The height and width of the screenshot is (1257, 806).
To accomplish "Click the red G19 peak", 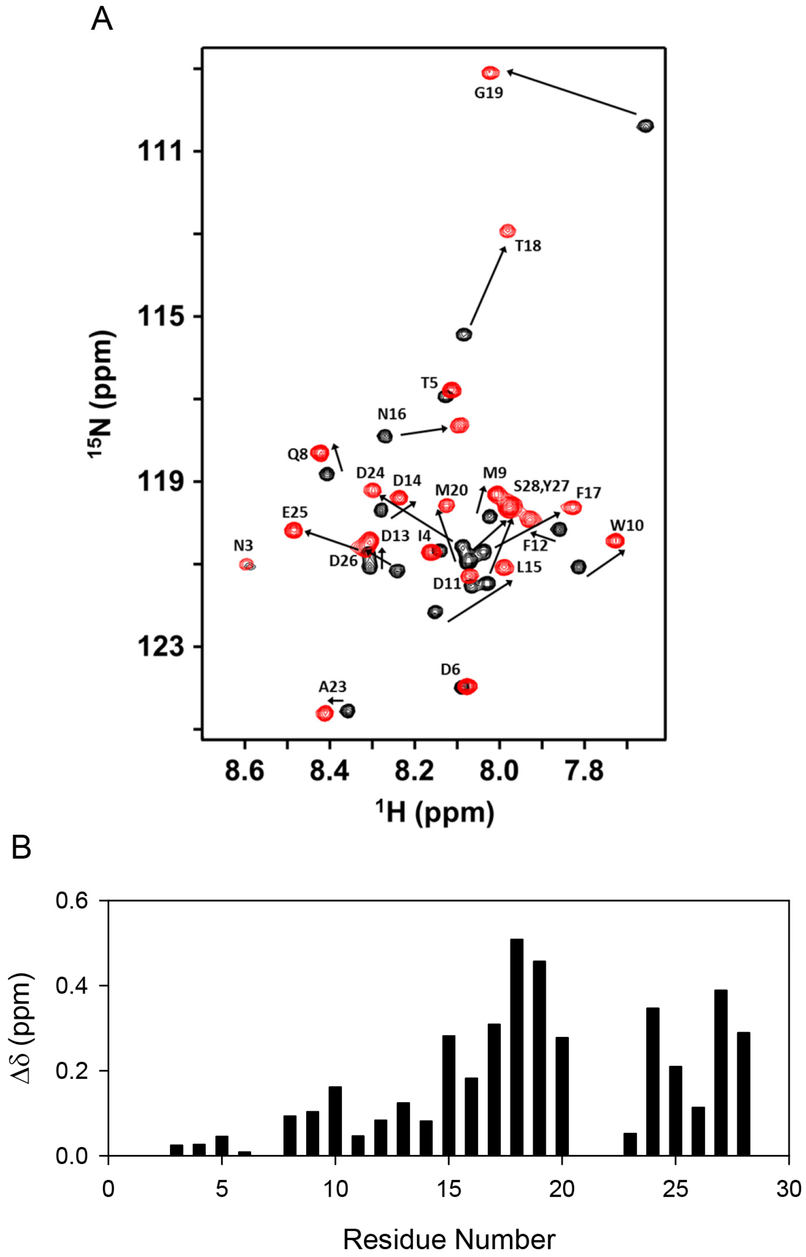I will coord(490,73).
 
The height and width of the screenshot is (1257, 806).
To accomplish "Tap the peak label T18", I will coord(528,245).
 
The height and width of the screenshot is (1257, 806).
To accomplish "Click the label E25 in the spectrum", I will coord(295,512).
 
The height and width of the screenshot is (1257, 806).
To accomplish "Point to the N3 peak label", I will coord(243,546).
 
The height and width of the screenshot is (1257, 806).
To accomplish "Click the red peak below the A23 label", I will coord(325,713).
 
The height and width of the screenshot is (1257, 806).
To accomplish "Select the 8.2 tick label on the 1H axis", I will coord(414,771).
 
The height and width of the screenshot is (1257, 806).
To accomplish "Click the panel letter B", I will coord(21,847).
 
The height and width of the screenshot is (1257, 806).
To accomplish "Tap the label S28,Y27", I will coord(541,487).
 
